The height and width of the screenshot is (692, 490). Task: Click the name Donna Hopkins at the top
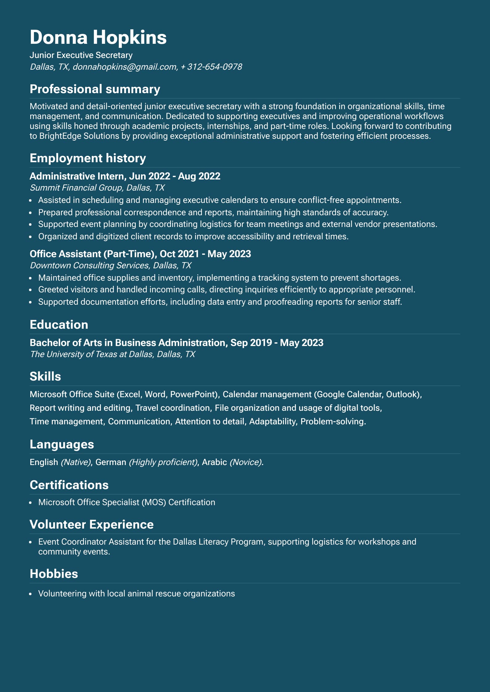coord(98,38)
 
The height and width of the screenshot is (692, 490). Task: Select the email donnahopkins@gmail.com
coord(125,67)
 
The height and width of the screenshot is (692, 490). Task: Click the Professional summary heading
coord(95,89)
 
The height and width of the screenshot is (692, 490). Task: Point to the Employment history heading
coord(88,158)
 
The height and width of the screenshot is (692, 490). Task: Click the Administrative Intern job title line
coord(125,176)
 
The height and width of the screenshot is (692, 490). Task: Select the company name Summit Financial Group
coord(76,188)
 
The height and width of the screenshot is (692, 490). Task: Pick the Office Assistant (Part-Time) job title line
coord(140,254)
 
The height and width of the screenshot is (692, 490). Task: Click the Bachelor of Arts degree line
coord(176,343)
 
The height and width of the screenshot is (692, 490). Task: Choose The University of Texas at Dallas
coord(91,354)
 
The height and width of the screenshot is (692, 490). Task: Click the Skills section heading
coord(45,377)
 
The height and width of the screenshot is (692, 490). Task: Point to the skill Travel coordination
coord(173,408)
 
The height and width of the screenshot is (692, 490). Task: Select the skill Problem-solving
coord(333,422)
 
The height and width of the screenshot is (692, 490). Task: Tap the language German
coord(111,462)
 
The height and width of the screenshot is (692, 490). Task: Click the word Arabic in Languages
coord(214,462)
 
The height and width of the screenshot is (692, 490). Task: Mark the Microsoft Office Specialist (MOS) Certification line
coord(127,502)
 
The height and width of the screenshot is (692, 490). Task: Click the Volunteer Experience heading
coord(92,525)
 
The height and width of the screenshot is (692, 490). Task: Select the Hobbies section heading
coord(54,574)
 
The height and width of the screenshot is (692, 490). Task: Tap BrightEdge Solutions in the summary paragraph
coord(79,136)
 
